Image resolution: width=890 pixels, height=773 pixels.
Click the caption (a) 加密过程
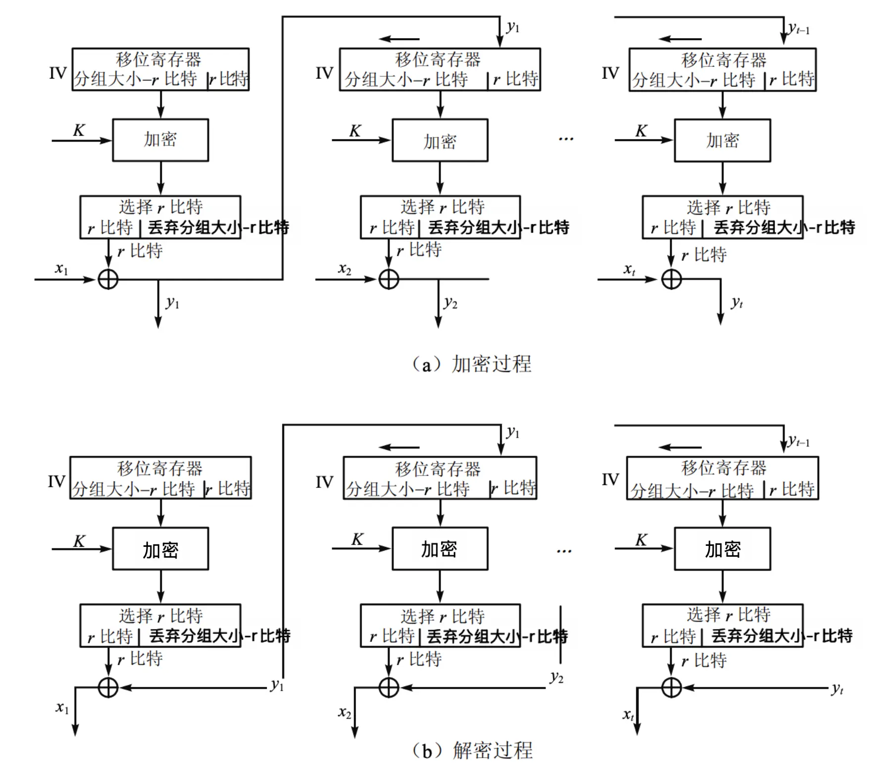472,364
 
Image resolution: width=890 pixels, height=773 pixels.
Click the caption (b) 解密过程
472,750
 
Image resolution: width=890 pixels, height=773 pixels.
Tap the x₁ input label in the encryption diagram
61,269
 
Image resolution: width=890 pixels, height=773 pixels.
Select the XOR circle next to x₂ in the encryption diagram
389,279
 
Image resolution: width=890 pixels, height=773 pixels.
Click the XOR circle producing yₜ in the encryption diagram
671,279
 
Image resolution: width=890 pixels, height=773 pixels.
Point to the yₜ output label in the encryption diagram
737,302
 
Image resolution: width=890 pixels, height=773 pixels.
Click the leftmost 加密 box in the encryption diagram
160,140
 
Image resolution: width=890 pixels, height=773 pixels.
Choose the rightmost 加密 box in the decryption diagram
722,549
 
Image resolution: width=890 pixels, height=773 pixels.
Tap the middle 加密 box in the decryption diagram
440,549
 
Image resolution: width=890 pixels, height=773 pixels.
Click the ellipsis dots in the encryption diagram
566,139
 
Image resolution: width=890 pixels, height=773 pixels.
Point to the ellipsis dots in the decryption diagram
564,551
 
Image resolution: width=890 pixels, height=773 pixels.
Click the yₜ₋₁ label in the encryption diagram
799,29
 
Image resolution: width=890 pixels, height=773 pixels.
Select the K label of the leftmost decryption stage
79,541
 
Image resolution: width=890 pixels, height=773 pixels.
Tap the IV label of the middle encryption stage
324,73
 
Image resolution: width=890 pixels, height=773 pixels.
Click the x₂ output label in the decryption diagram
345,713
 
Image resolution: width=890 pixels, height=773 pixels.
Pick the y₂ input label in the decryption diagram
556,677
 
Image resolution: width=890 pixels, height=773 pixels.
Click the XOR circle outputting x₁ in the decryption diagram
108,688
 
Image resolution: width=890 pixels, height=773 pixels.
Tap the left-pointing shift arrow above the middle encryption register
399,39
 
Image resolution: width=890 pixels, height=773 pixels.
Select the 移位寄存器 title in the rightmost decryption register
723,467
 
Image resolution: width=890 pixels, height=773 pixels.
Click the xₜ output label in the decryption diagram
628,715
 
